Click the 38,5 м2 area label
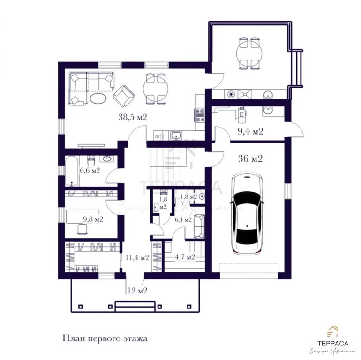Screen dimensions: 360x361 click(x=133, y=118)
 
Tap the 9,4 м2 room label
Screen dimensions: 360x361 click(x=250, y=131)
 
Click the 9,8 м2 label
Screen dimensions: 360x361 click(x=92, y=219)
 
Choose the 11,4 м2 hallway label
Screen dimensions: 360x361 click(x=137, y=257)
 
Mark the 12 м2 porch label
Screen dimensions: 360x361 click(x=137, y=291)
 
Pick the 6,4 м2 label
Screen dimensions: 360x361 click(x=183, y=219)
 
